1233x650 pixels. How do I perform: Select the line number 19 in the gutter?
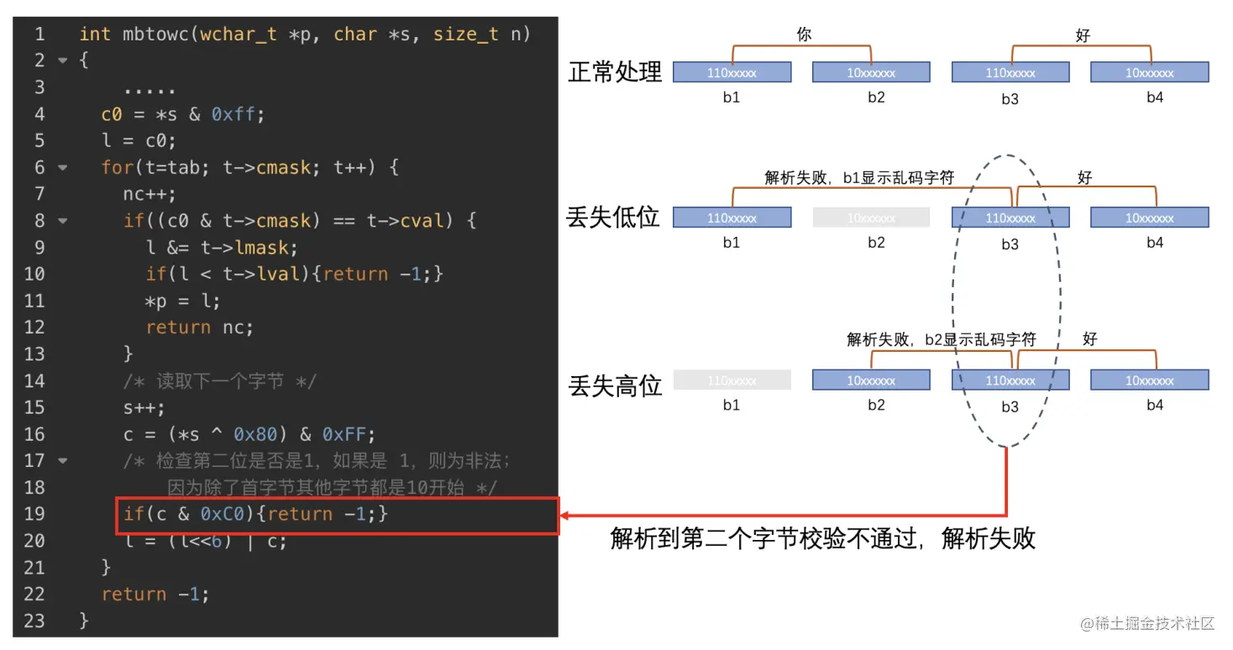(x=34, y=514)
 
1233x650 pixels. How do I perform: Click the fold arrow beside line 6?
(x=62, y=168)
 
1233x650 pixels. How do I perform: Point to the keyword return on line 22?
(x=134, y=595)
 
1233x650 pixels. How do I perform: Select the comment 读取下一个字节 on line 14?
(x=220, y=381)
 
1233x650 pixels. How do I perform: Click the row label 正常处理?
(x=615, y=72)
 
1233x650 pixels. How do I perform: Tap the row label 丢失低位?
(x=613, y=218)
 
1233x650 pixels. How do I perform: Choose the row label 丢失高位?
(x=615, y=386)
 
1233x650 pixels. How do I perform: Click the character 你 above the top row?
(x=804, y=35)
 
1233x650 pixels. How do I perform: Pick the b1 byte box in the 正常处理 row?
(x=732, y=73)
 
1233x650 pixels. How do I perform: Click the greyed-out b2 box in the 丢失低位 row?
(x=871, y=218)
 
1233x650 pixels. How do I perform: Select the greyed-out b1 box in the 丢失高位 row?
(x=732, y=380)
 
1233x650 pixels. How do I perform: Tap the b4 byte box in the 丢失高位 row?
(x=1149, y=380)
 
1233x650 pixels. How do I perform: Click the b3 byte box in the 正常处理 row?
(x=1010, y=73)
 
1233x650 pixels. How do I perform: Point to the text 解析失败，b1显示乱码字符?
(x=859, y=178)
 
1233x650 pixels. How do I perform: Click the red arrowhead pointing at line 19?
(x=565, y=515)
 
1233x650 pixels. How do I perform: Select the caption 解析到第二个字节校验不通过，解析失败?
(x=822, y=538)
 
